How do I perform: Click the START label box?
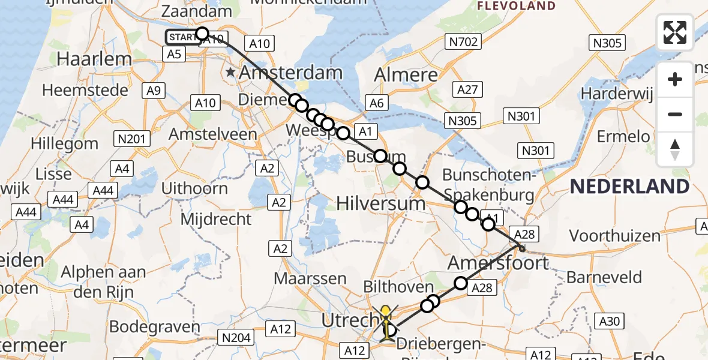coord(181,37)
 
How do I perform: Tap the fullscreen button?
coord(675,32)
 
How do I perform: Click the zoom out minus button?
coord(675,114)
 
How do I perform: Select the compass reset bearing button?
coord(675,149)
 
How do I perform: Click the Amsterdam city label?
coord(291,74)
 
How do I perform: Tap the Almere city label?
coord(406,75)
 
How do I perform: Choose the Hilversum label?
coord(381,203)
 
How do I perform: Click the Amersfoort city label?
coord(498,263)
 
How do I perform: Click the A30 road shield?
coord(609,322)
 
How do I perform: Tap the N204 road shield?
coord(236,338)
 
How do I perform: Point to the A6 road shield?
coord(376,103)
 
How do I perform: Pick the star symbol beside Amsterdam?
coord(231,73)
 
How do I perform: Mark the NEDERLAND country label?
coord(629,186)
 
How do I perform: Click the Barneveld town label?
coord(604,278)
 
